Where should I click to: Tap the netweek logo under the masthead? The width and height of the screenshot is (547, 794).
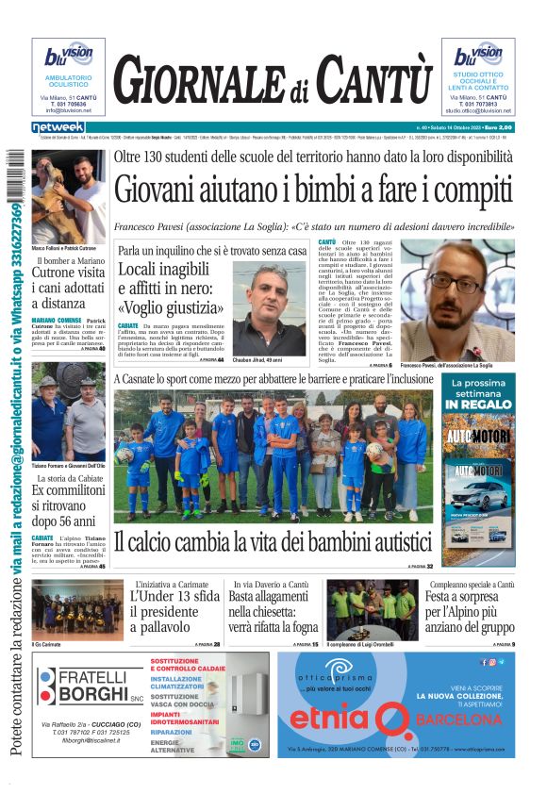tap(58, 126)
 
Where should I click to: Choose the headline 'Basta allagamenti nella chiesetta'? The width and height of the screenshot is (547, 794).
tap(273, 610)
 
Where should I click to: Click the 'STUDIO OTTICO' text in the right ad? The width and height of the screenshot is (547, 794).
tap(477, 74)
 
